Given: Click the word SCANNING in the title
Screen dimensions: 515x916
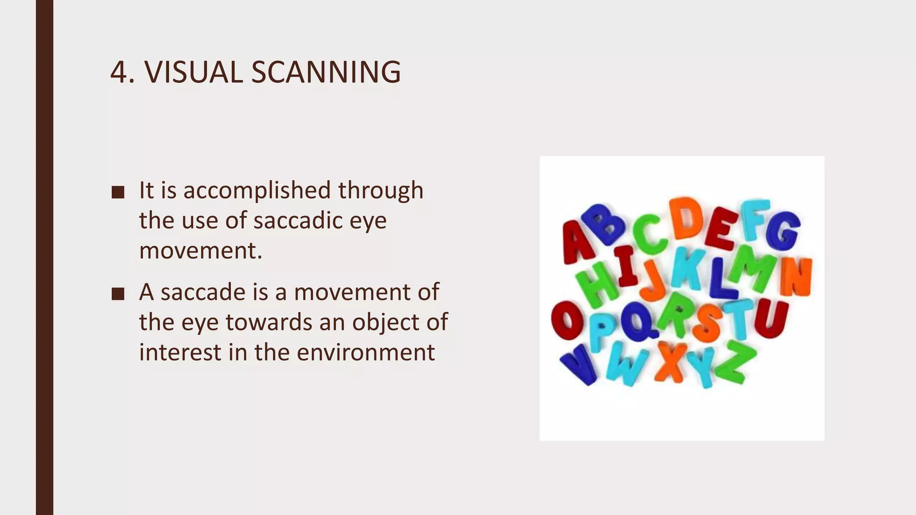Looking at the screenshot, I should pyautogui.click(x=326, y=72).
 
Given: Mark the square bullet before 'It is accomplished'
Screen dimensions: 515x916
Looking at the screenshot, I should pyautogui.click(x=118, y=192).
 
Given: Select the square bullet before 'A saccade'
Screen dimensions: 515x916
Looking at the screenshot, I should pyautogui.click(x=118, y=294).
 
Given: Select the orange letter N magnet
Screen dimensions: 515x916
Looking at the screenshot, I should pyautogui.click(x=797, y=277).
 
